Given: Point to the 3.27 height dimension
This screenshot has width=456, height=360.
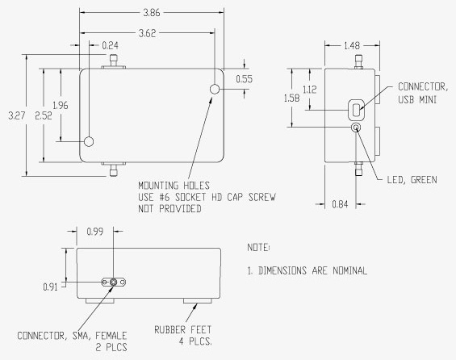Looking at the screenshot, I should click(x=15, y=116).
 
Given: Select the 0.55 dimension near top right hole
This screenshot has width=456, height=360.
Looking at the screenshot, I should click(x=245, y=79).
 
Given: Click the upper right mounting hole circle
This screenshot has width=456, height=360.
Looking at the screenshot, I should click(x=215, y=89).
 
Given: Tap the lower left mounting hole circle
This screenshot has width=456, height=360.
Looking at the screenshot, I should click(x=90, y=142).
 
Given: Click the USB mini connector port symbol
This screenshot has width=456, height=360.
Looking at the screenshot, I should click(x=357, y=108).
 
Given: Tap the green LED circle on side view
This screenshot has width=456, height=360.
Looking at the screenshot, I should click(x=356, y=127).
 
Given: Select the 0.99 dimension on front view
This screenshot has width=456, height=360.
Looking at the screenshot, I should click(x=95, y=232).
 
